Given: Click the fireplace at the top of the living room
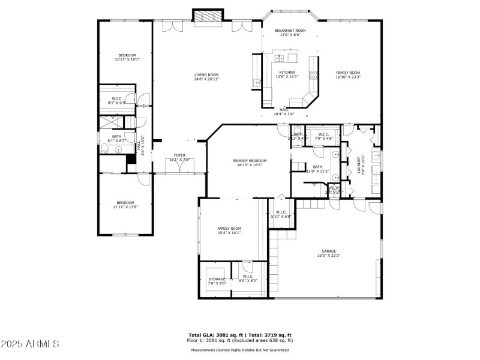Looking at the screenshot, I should click(x=207, y=17).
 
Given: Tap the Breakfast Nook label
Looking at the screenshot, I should click(x=290, y=31).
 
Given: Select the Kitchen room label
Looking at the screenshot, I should click(x=287, y=72).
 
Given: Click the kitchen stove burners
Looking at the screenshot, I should click(x=313, y=75).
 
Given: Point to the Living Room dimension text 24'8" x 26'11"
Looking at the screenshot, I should click(x=206, y=79).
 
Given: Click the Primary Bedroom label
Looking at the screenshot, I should click(x=250, y=161).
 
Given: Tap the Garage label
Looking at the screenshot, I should click(x=328, y=251).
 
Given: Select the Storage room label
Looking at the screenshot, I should click(x=217, y=279).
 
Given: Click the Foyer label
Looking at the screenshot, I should click(x=179, y=155).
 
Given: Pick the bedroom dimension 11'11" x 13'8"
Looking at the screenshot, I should click(x=127, y=206).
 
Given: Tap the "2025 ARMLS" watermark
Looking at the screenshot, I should click(x=30, y=344).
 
